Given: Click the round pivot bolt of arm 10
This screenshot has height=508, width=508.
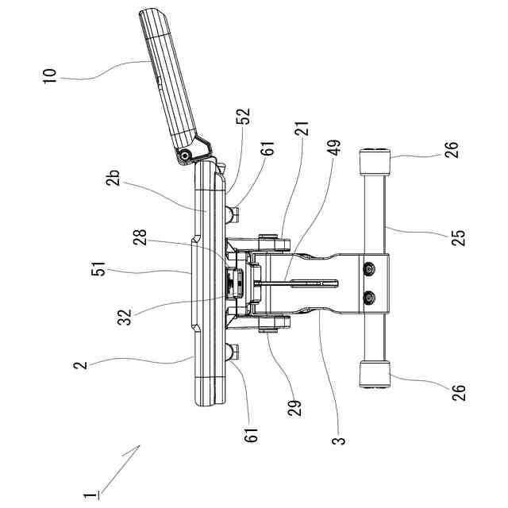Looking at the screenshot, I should [x=186, y=157].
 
